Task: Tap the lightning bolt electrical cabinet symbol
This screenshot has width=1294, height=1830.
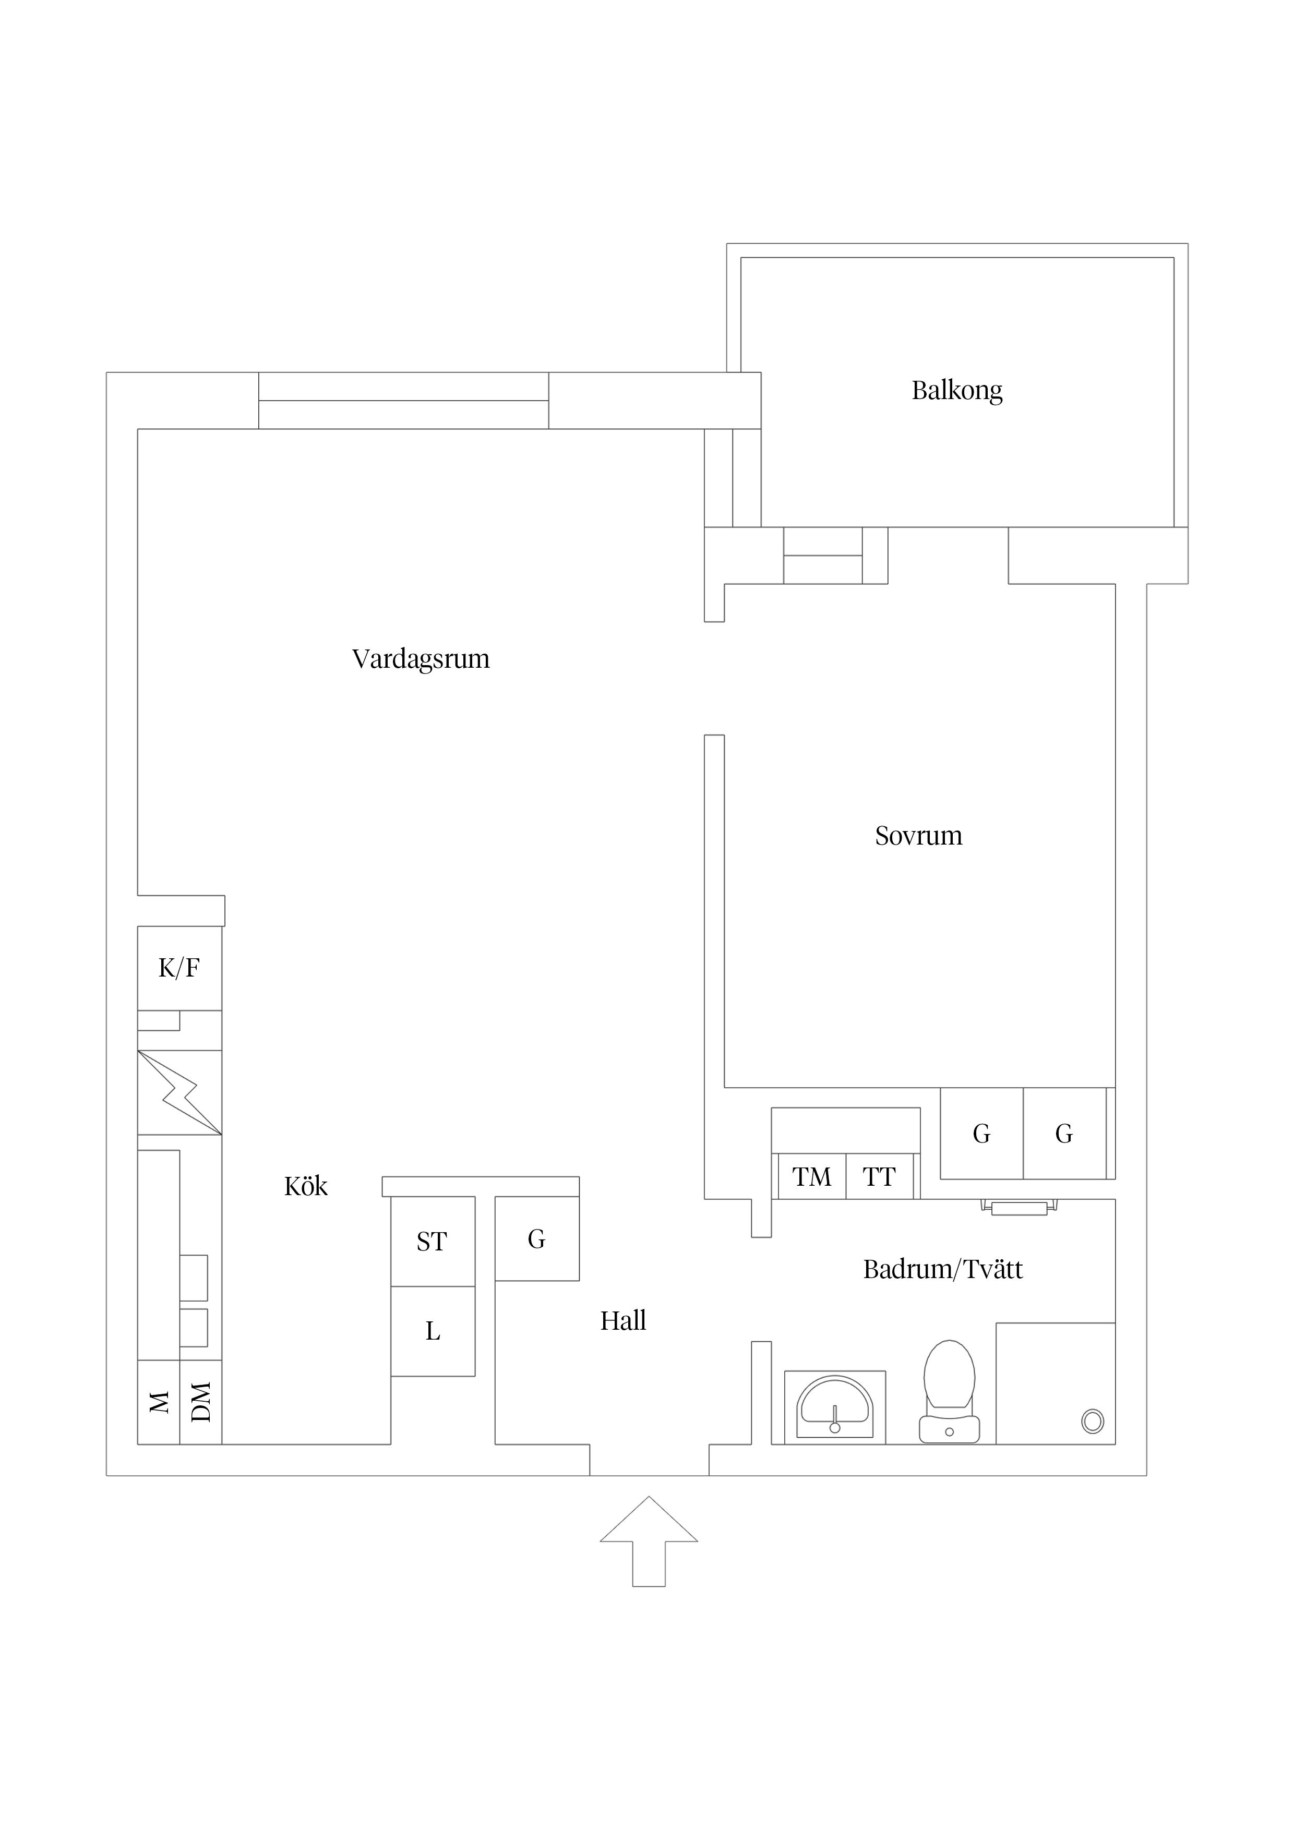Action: click(179, 1092)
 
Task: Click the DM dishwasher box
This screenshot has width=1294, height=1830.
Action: click(201, 1402)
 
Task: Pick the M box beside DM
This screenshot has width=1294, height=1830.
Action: click(159, 1402)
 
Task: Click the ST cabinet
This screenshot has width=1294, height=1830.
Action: click(432, 1241)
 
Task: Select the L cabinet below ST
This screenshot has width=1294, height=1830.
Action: click(432, 1331)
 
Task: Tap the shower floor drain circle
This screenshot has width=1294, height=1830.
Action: click(1092, 1420)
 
